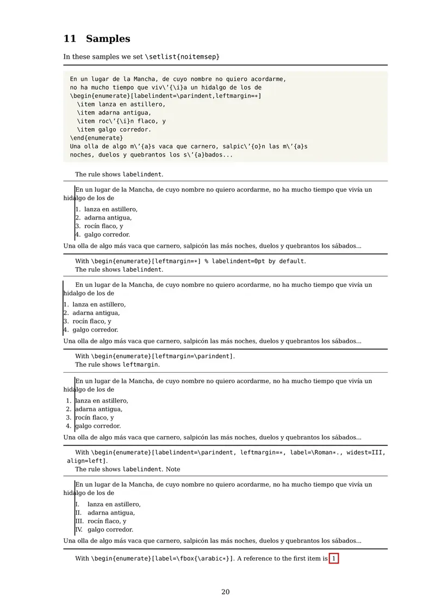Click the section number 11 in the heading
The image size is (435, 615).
[70, 39]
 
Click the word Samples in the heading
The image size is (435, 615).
[108, 39]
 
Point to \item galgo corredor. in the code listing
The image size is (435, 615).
[114, 129]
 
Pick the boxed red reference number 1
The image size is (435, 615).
[334, 558]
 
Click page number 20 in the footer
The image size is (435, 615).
[225, 592]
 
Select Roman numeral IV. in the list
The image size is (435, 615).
[79, 530]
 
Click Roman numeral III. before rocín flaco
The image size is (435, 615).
[79, 521]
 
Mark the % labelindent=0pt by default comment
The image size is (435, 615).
[254, 261]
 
